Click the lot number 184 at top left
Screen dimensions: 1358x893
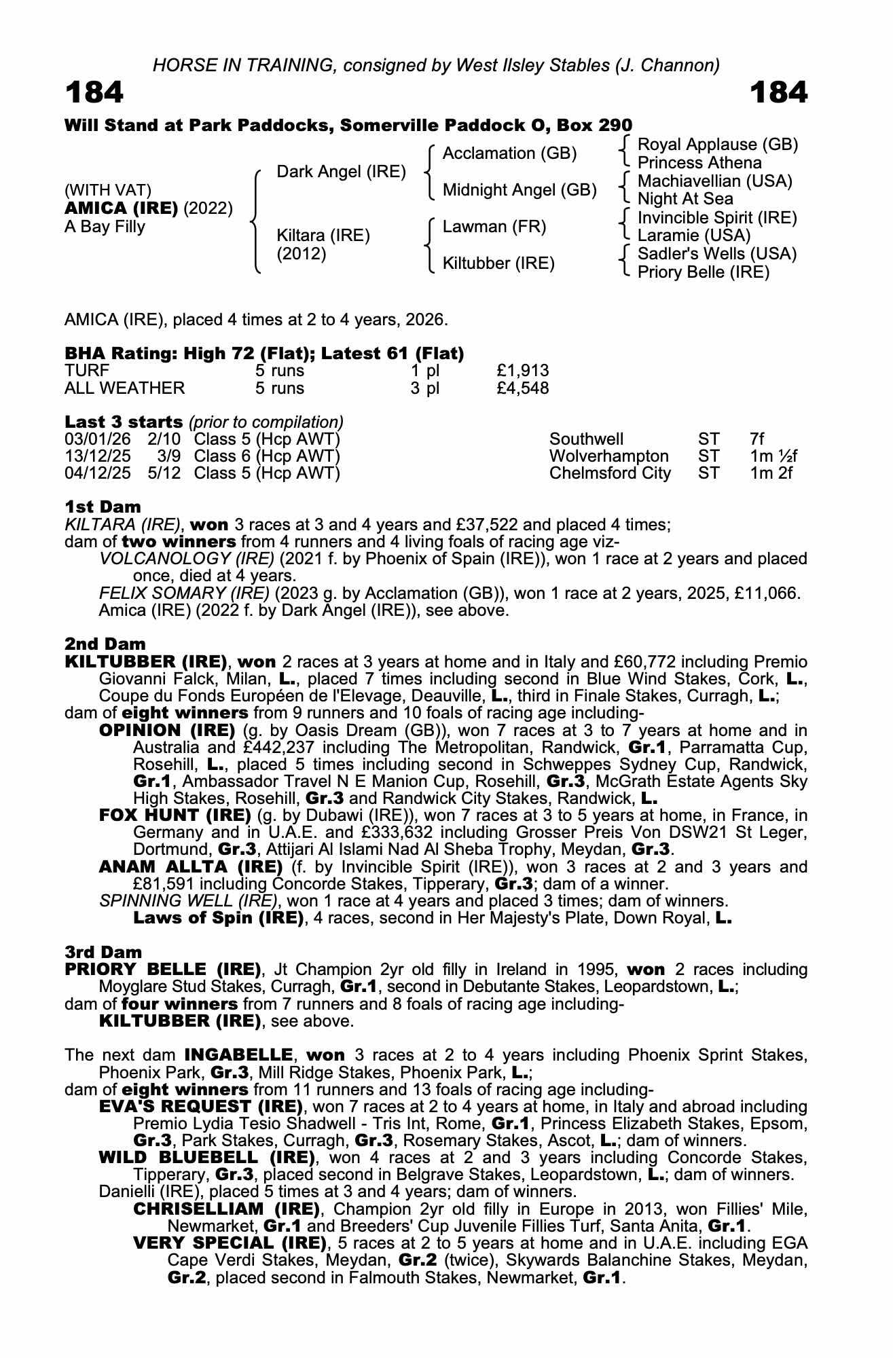click(94, 93)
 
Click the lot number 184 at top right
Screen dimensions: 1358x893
click(779, 93)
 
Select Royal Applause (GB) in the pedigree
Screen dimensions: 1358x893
click(718, 145)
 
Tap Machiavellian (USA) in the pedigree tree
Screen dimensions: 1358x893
click(715, 181)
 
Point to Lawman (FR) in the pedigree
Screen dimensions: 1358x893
click(494, 227)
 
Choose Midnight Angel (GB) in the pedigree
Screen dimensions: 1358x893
click(520, 190)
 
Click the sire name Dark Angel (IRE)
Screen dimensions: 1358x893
click(341, 172)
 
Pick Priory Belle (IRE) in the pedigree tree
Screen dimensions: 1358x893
click(704, 272)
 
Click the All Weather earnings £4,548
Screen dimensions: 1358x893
click(523, 388)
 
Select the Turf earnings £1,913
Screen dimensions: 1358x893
click(523, 371)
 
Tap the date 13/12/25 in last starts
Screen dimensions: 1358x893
click(98, 456)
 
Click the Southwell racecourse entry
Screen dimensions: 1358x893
click(586, 439)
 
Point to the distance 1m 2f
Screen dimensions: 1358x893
click(771, 473)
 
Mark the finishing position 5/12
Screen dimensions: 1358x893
click(164, 473)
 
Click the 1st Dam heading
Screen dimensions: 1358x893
click(103, 507)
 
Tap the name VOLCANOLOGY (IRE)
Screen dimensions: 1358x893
click(187, 559)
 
